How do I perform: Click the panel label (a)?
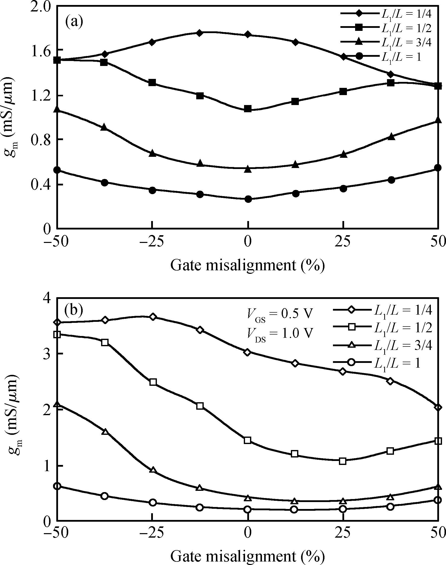pyautogui.click(x=74, y=22)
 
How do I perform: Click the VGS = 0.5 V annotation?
pyautogui.click(x=279, y=314)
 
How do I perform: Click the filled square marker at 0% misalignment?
pyautogui.click(x=248, y=109)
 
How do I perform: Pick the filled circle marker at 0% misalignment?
pyautogui.click(x=248, y=199)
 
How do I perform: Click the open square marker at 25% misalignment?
pyautogui.click(x=343, y=461)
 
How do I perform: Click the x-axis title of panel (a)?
pyautogui.click(x=248, y=265)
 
